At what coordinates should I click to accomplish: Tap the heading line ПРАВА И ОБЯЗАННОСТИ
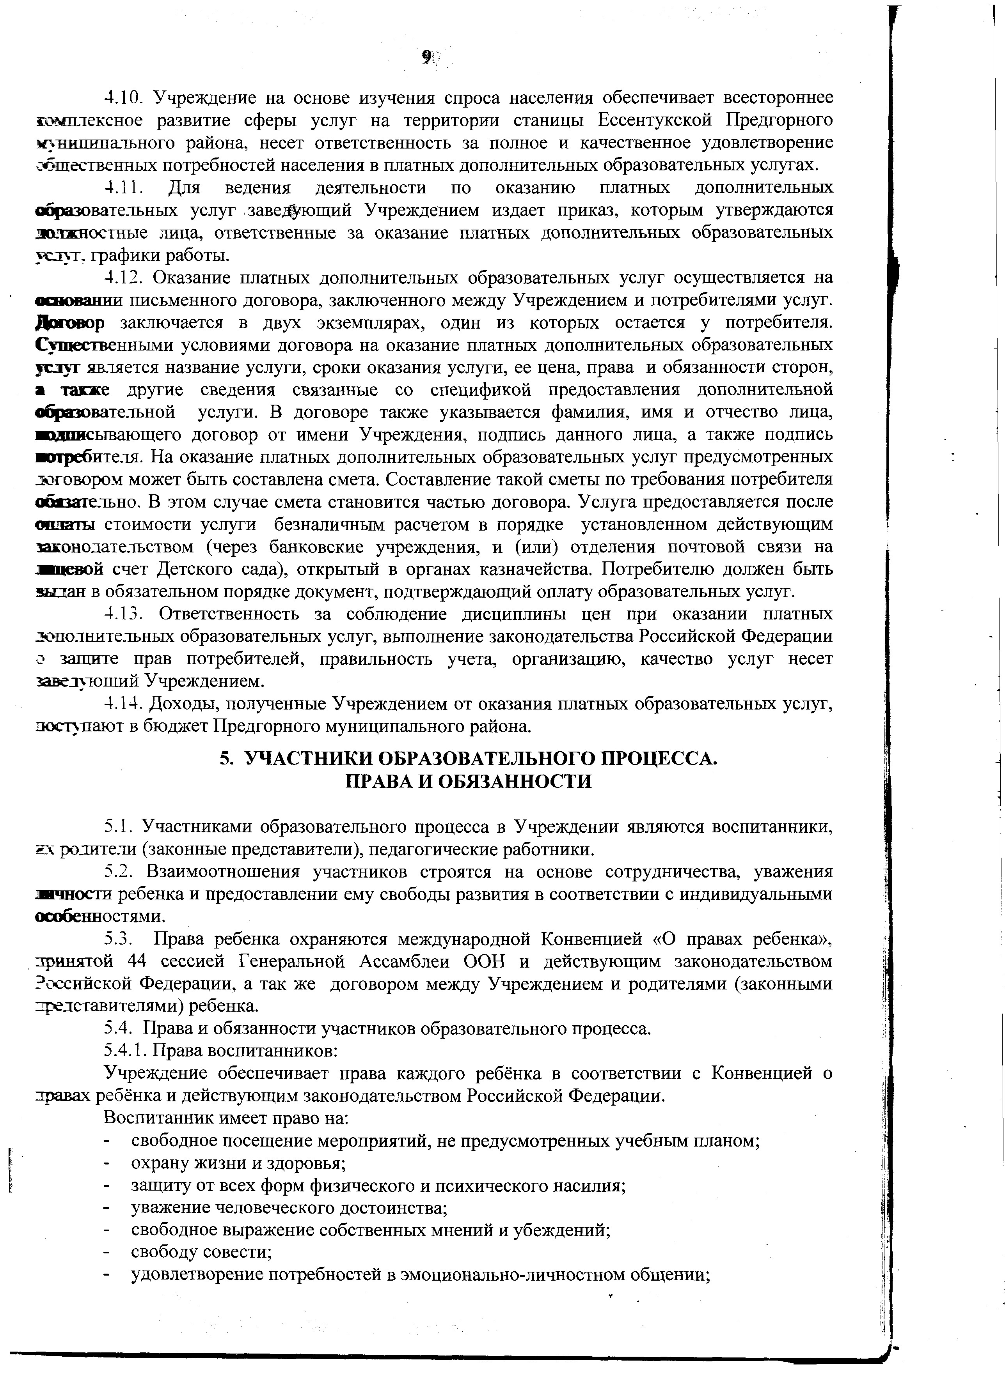coord(469,782)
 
